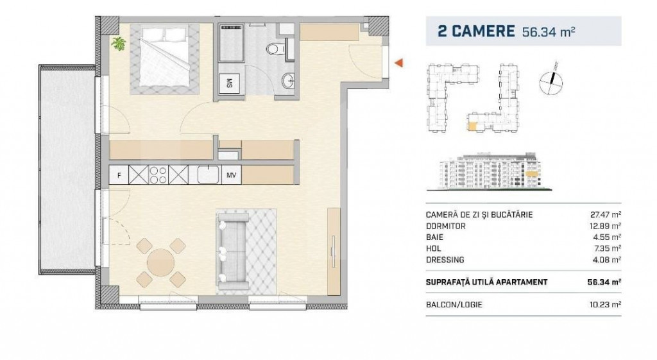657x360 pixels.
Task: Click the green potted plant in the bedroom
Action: pos(119,44)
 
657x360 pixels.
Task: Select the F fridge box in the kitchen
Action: pos(118,175)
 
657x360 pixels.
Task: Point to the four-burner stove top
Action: pos(158,175)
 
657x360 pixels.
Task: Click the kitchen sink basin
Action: pos(208,175)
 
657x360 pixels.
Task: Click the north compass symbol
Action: pos(551,76)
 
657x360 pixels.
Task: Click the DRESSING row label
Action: pos(445,259)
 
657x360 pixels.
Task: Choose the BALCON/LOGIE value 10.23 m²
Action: pos(606,304)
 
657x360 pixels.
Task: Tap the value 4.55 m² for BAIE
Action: pos(608,237)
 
